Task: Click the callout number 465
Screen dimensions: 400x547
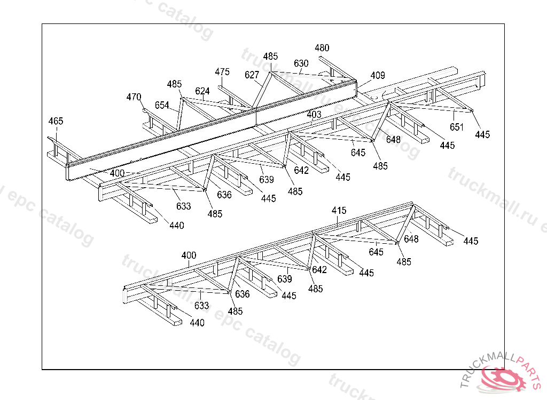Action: point(56,121)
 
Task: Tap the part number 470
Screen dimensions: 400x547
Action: point(134,97)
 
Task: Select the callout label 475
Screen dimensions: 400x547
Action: point(222,72)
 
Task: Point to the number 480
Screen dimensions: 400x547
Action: point(322,48)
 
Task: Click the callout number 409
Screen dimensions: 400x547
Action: point(377,75)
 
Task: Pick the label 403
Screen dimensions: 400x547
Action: point(314,115)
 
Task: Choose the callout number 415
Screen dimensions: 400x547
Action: point(339,211)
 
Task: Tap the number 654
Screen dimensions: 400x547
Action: point(162,105)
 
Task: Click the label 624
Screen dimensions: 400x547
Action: point(202,91)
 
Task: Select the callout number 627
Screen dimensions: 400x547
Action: point(252,75)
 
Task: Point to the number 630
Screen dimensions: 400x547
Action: point(301,63)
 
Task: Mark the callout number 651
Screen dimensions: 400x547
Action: point(457,127)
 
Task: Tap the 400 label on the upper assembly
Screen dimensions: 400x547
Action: point(117,173)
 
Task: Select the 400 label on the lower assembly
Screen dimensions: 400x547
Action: point(189,255)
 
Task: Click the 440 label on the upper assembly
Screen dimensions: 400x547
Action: point(176,226)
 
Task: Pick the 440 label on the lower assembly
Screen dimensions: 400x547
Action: point(197,323)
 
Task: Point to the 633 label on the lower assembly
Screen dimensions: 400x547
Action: point(201,306)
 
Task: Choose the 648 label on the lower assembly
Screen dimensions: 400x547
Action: point(411,239)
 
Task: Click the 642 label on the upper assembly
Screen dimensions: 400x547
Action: point(301,171)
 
